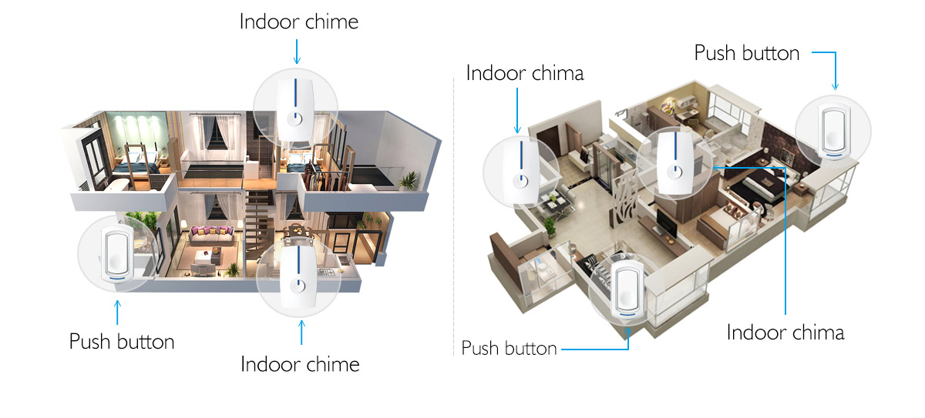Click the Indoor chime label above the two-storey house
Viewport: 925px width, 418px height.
click(299, 22)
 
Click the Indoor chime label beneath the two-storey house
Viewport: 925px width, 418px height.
click(300, 364)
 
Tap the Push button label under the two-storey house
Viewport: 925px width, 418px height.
click(122, 342)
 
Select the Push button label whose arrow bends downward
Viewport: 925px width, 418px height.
click(747, 53)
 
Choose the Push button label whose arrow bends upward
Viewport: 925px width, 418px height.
click(510, 348)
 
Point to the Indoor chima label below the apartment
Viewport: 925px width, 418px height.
click(785, 333)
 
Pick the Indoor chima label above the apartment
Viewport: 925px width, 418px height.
click(525, 73)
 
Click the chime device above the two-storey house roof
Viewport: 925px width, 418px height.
click(296, 109)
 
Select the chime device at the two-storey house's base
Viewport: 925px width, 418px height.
click(298, 278)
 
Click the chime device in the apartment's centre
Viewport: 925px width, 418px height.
click(675, 163)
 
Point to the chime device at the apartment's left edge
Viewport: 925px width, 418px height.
click(521, 172)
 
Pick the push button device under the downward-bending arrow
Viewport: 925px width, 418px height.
click(834, 132)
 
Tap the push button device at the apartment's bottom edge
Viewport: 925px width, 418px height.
click(627, 290)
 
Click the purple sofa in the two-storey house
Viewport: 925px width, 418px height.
click(211, 235)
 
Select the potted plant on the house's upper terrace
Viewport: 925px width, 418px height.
click(409, 181)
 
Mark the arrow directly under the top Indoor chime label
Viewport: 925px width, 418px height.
click(297, 52)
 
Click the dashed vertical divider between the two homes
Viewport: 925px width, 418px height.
click(453, 216)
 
